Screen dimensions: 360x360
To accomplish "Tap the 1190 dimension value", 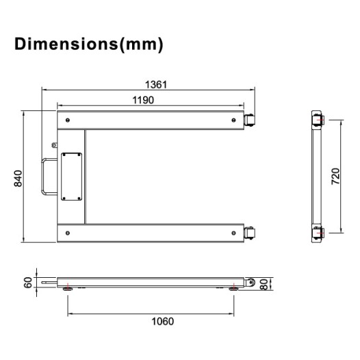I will point(142,99).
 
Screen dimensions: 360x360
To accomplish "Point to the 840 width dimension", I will point(18,179).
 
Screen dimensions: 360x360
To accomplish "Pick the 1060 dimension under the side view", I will point(162,321).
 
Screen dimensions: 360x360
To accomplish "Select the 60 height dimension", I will point(27,282).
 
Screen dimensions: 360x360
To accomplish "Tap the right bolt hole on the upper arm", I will point(230,121).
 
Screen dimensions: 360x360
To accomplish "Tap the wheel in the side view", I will point(250,282).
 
